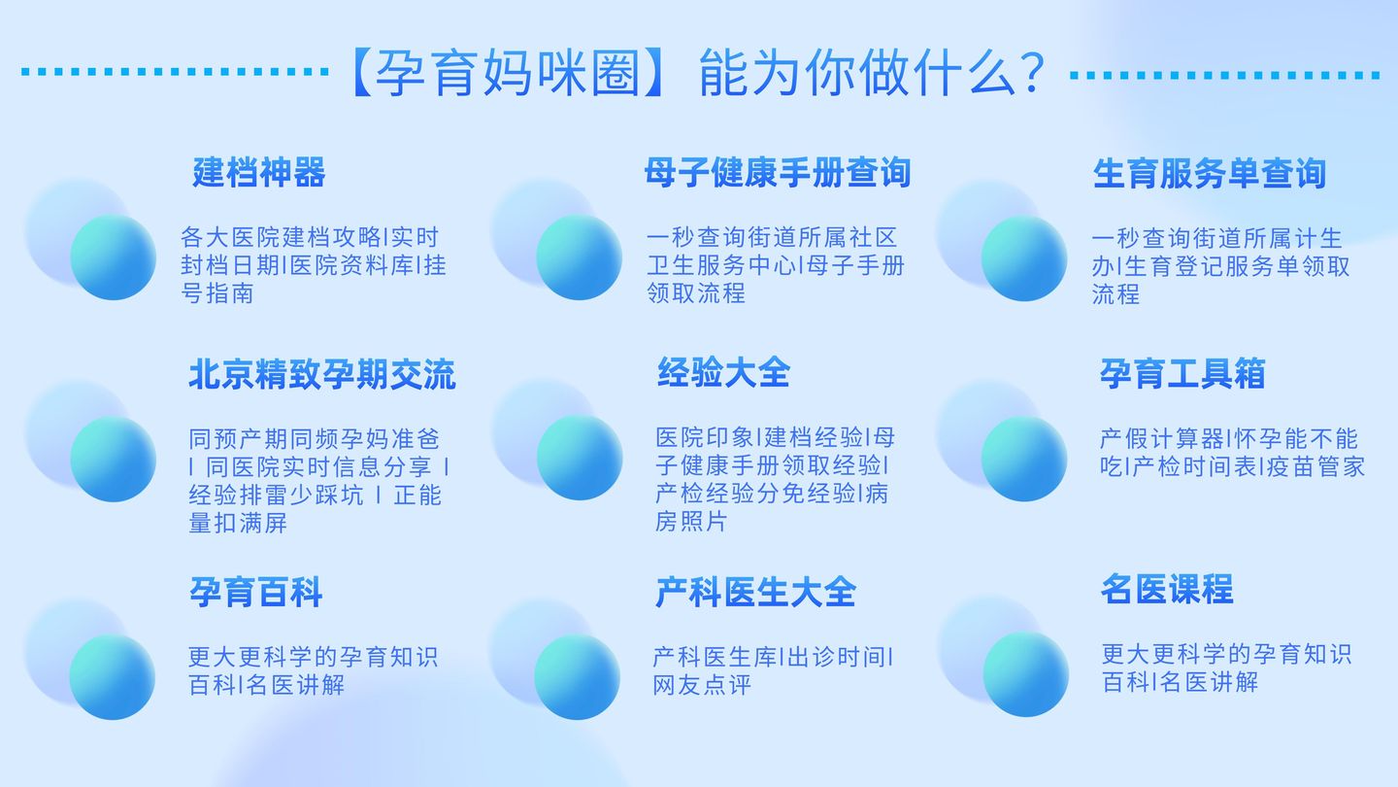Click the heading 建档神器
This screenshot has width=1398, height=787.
(259, 172)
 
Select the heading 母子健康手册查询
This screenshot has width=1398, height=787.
(778, 172)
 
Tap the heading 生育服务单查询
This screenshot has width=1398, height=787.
(1210, 174)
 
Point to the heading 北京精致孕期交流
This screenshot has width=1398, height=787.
(322, 375)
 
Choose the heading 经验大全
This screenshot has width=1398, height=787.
(724, 373)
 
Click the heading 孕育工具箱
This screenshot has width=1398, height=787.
(1182, 373)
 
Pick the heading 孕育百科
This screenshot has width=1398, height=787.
(256, 592)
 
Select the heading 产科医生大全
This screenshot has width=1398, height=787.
(755, 592)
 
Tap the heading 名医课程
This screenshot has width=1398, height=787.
(1167, 589)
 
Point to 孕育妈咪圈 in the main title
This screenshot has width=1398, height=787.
(508, 73)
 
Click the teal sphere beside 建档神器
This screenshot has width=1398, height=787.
(113, 257)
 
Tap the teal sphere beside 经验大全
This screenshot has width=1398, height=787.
(580, 458)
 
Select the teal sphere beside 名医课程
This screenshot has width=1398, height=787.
(1026, 674)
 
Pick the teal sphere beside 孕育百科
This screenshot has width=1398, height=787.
(113, 676)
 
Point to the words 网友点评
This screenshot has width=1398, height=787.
(702, 685)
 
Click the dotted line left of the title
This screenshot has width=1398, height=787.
(175, 72)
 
